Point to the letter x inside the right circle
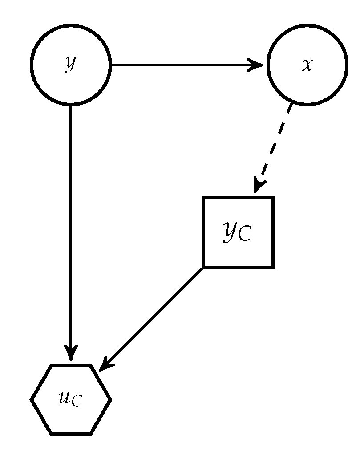pos(307,65)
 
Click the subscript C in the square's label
pos(244,235)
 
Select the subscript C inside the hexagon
pos(77,402)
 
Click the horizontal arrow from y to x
pos(187,65)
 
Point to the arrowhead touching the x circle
pos(258,65)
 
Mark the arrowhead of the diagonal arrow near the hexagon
pos(105,364)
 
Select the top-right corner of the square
pos(272,198)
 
